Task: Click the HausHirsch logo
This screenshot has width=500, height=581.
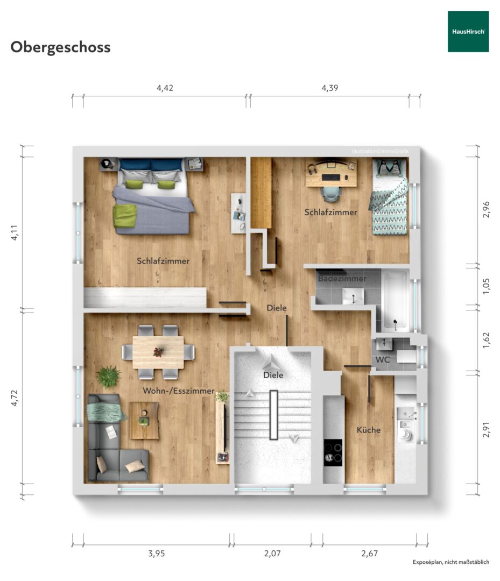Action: [x=468, y=32]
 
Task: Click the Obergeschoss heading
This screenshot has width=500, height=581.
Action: [x=60, y=47]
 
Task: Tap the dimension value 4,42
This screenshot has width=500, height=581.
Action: [x=165, y=88]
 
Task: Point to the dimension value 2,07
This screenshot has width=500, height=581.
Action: [x=272, y=553]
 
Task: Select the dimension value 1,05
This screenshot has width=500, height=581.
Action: [x=486, y=286]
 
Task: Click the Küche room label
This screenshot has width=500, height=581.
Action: [x=369, y=430]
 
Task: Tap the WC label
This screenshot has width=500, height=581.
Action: [x=383, y=360]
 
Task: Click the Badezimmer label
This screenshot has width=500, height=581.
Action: [x=342, y=279]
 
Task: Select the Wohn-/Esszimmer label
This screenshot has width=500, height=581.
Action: [x=179, y=391]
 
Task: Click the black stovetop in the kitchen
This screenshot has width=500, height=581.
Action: [x=333, y=452]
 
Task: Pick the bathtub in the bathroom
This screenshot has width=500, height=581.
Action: [x=396, y=301]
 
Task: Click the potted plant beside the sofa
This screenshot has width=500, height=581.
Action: [x=109, y=376]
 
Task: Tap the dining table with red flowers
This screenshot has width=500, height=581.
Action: [x=158, y=352]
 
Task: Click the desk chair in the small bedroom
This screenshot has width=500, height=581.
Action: [x=331, y=193]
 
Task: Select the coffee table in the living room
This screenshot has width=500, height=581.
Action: [x=144, y=421]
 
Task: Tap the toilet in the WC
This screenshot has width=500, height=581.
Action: [x=406, y=357]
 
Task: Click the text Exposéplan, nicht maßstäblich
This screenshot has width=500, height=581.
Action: [x=450, y=562]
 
